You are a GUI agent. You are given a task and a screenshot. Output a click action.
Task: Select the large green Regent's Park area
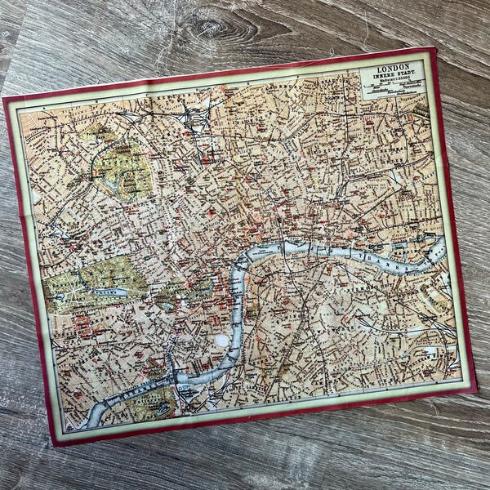tap(122, 167)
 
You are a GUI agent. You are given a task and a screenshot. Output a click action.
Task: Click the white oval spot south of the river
tap(222, 340)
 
